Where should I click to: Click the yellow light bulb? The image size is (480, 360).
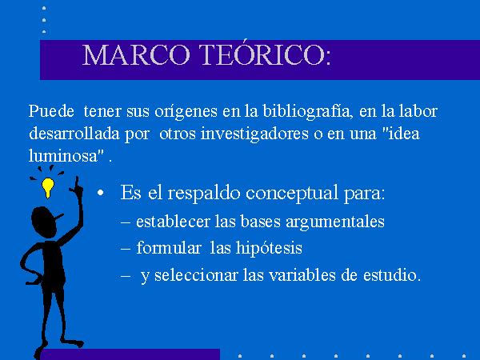point(48,187)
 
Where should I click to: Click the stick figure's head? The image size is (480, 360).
point(44,222)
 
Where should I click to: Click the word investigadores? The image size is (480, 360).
point(254,134)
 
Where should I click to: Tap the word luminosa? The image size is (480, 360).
point(62,155)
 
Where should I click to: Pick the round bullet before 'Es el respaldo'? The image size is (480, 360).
point(101,193)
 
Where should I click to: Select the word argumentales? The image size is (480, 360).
point(335,222)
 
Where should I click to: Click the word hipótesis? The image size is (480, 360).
point(269,248)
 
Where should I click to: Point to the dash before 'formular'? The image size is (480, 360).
point(126,249)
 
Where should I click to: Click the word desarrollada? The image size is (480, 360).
point(74,134)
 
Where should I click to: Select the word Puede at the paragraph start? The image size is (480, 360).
point(51,111)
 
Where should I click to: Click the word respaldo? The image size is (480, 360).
point(203,194)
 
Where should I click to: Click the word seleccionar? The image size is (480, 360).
point(196,274)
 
